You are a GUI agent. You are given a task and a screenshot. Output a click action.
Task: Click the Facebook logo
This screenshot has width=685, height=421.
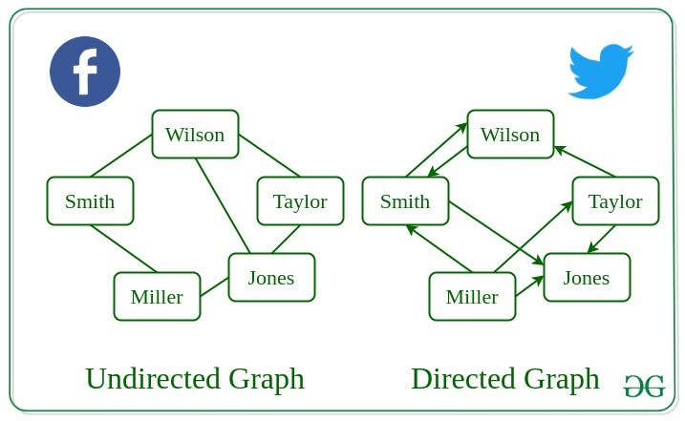click(x=85, y=72)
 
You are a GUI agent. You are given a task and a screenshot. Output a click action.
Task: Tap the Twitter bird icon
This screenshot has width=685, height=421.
click(x=600, y=72)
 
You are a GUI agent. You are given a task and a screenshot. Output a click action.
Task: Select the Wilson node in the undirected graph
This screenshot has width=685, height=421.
click(x=195, y=135)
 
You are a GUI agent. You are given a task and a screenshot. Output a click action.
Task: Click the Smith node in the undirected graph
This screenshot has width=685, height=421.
click(x=90, y=201)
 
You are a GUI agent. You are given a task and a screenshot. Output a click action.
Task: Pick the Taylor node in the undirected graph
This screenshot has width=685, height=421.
click(x=300, y=201)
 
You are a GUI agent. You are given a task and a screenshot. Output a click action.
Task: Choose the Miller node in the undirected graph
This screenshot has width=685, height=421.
click(x=157, y=297)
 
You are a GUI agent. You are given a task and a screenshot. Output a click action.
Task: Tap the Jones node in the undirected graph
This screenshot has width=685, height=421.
click(x=271, y=278)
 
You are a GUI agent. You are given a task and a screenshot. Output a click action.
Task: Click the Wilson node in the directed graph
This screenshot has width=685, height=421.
click(x=510, y=135)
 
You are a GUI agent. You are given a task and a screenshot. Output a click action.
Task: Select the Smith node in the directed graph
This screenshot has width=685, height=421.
click(x=405, y=201)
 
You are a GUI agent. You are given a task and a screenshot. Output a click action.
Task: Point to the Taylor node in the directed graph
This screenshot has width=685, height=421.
click(x=615, y=201)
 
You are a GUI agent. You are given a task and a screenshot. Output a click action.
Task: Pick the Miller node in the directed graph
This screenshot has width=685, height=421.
click(x=472, y=297)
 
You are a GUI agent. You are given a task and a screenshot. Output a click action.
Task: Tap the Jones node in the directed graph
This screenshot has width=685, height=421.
click(x=587, y=278)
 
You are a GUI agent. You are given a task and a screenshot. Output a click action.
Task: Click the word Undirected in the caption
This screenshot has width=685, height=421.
click(x=153, y=379)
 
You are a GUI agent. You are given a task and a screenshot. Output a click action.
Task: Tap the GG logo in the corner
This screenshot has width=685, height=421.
click(x=644, y=386)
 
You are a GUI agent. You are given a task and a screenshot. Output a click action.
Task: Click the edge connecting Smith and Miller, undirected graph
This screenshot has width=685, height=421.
click(x=124, y=248)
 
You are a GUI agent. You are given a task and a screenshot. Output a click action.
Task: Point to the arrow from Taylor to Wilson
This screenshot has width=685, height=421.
click(x=585, y=161)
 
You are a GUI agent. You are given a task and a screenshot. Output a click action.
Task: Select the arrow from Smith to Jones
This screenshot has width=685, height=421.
click(x=497, y=231)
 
